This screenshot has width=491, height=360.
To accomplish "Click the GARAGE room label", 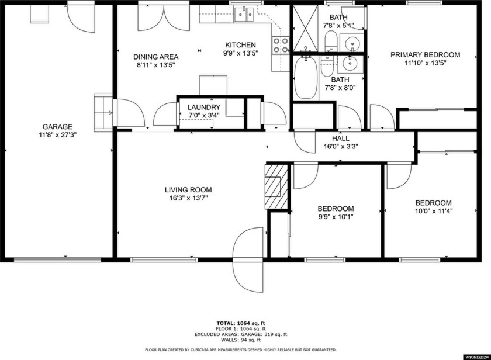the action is pos(57,127).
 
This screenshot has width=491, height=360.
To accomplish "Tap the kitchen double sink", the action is pos(244,15).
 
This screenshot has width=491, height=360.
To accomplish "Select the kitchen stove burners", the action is pos(280,45).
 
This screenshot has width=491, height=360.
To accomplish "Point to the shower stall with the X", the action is pos(305,29).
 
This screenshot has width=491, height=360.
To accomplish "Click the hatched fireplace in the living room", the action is pos(276,186).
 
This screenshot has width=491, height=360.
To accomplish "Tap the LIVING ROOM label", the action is pos(188,190).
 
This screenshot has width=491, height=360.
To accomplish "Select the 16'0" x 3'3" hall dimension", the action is pos(341,146).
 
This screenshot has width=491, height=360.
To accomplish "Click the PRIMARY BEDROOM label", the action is pos(426,55).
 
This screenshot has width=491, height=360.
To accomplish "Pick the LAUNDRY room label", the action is pos(204,108).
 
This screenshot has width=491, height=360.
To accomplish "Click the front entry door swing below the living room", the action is pos(248,260).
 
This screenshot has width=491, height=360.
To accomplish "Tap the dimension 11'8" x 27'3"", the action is pos(58,135).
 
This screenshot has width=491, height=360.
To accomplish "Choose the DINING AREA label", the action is pos(156,57).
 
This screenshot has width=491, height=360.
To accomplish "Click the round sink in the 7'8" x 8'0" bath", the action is pos(350,64).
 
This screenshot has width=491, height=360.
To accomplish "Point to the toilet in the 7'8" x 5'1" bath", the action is pos(331,41).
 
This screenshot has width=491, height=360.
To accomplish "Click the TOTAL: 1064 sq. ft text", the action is pos(241,323).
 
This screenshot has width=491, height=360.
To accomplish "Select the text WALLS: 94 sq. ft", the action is pos(241,340).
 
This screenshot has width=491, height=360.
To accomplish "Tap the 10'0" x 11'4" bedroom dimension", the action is pos(434,212).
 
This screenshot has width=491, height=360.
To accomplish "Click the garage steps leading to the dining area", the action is pos(103,113).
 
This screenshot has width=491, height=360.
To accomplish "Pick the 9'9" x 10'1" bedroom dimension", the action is pos(336,217).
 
